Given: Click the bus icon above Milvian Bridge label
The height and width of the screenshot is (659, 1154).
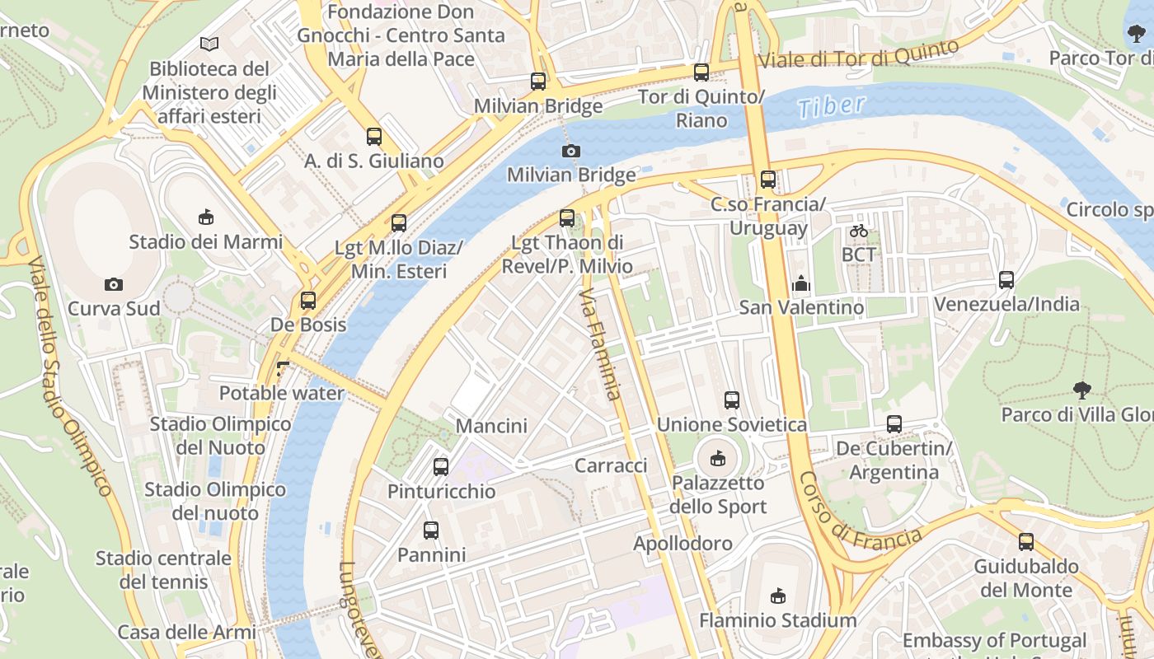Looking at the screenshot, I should click(538, 81).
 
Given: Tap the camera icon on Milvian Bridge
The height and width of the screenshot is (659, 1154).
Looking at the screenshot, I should click(570, 151).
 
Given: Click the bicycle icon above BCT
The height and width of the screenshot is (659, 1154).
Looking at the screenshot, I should click(859, 231).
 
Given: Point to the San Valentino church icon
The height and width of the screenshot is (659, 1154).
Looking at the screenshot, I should click(800, 284).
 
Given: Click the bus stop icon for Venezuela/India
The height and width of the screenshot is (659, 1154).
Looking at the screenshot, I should click(1006, 280).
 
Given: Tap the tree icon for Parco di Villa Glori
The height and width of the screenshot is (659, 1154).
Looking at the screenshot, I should click(1082, 390).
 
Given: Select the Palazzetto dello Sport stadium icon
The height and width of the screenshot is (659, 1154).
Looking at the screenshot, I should click(718, 458).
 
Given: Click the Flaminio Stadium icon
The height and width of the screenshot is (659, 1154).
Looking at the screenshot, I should click(777, 596).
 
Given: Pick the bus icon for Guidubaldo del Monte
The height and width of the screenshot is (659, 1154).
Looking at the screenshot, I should click(1026, 542).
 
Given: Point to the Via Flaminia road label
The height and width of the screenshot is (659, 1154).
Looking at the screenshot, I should click(598, 344).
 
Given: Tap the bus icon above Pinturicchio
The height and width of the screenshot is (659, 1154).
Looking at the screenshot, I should click(441, 467).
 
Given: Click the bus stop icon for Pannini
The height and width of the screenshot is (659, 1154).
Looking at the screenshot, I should click(431, 530).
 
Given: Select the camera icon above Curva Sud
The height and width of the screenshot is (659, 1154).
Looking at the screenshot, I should click(114, 284).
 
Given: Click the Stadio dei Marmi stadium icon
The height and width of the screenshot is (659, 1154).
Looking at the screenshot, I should click(205, 217).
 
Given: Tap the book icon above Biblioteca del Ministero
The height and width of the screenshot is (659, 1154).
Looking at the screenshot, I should click(210, 44).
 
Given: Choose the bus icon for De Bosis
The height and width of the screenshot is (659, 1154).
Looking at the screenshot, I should click(308, 301).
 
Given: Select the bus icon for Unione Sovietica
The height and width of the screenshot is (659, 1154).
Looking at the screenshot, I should click(732, 401).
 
